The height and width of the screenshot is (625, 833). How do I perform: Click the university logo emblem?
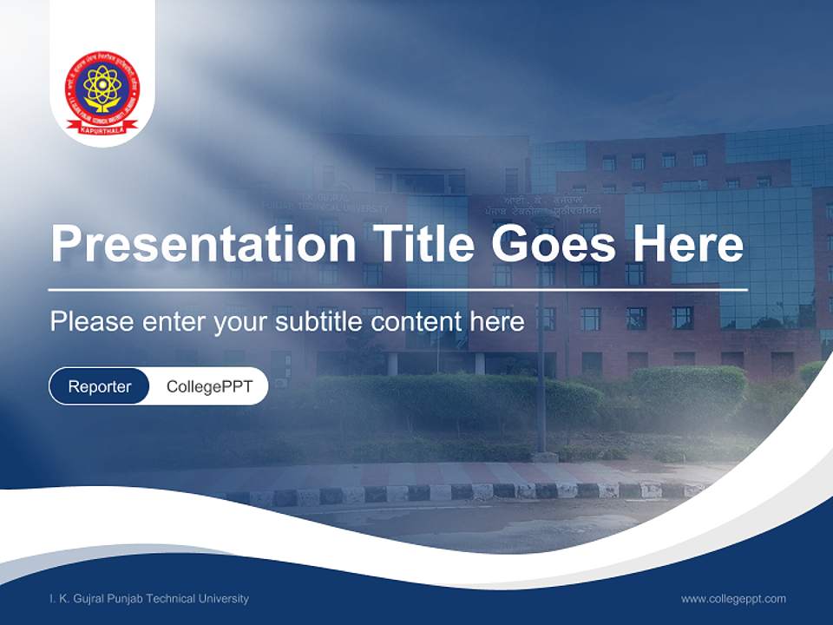coord(102,92)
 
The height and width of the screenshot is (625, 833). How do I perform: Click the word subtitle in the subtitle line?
coord(320,322)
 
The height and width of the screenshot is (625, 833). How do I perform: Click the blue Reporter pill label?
coord(99,386)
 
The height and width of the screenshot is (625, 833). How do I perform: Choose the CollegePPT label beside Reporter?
coord(209,386)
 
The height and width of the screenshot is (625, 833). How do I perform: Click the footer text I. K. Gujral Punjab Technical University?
coord(149,599)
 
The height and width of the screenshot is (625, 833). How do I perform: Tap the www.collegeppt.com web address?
coord(733,599)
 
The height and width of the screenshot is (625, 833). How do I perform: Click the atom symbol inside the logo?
coord(102,84)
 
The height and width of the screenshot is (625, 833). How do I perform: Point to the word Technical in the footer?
coord(171,599)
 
